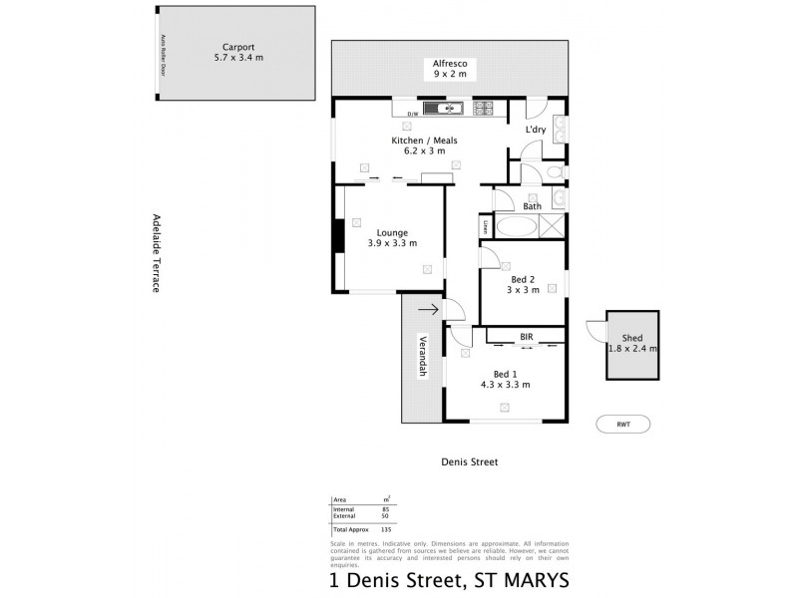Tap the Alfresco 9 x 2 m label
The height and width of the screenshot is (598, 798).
pyautogui.click(x=450, y=69)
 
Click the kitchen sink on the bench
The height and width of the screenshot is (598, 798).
pyautogui.click(x=441, y=108)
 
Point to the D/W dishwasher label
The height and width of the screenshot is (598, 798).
pyautogui.click(x=413, y=115)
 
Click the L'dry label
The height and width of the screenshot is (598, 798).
pyautogui.click(x=536, y=130)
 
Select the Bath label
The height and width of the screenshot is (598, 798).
pyautogui.click(x=533, y=206)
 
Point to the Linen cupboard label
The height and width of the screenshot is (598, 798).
pyautogui.click(x=486, y=227)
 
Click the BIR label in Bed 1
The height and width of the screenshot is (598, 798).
pyautogui.click(x=526, y=338)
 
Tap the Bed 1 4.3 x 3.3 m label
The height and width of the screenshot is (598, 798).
pyautogui.click(x=505, y=378)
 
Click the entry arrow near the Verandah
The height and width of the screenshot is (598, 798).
pyautogui.click(x=427, y=310)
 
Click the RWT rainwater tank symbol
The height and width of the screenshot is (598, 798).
pyautogui.click(x=623, y=424)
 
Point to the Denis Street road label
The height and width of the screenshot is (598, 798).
pyautogui.click(x=469, y=462)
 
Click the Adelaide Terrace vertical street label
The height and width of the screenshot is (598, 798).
pyautogui.click(x=157, y=253)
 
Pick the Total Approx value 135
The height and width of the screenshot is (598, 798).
pyautogui.click(x=385, y=529)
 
